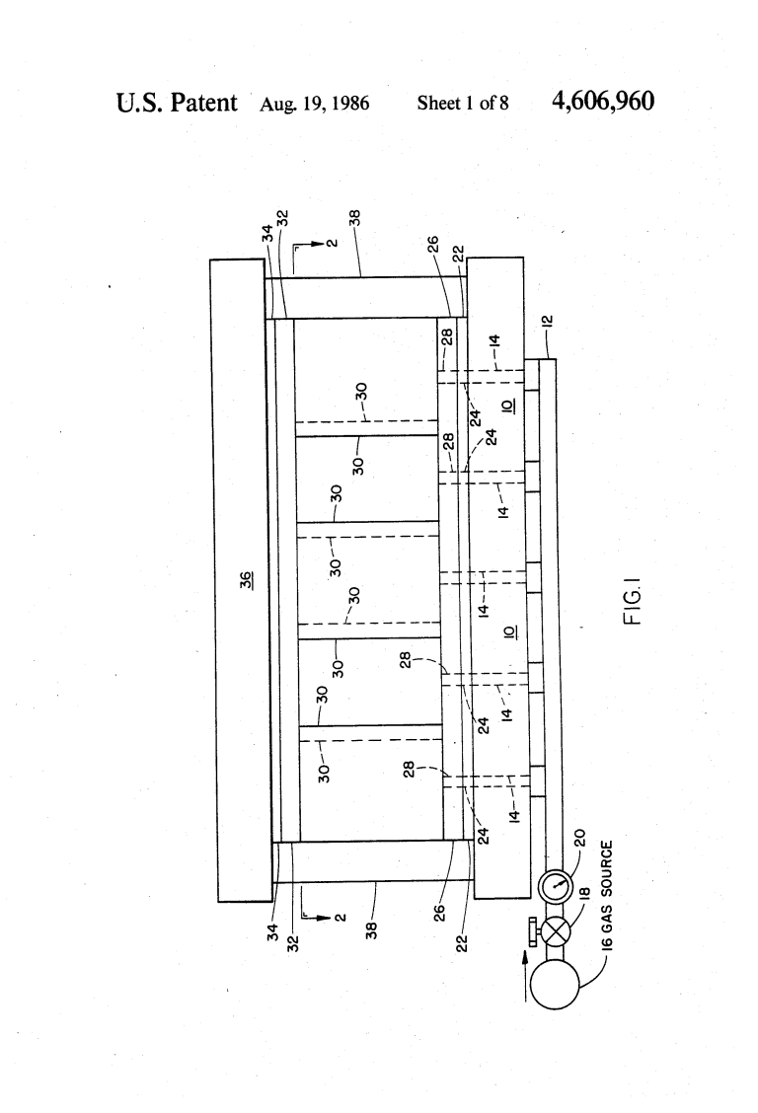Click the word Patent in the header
point(203,103)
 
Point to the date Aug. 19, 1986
point(315,105)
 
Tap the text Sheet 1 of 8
point(463,104)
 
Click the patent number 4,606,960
point(603,102)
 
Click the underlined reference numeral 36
point(246,580)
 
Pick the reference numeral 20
point(579,839)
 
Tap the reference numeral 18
point(585,894)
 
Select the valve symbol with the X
point(555,929)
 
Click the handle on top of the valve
point(531,929)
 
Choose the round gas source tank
point(556,984)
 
